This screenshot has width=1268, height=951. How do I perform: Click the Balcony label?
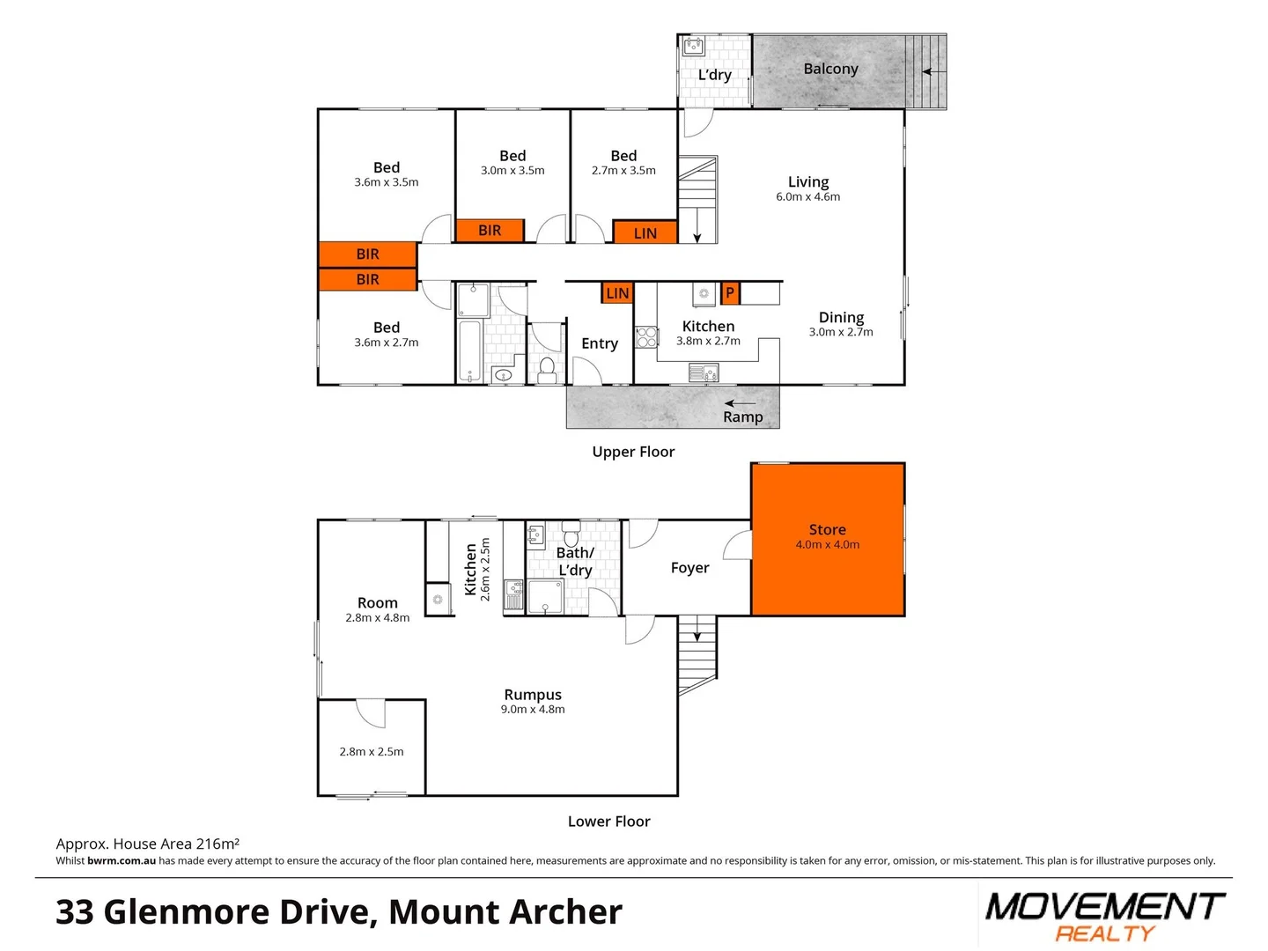point(830,69)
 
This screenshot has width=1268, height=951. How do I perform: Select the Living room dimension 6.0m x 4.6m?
point(807,197)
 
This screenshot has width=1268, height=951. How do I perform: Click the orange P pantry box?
point(729,292)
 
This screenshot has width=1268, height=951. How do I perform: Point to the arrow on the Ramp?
point(740,403)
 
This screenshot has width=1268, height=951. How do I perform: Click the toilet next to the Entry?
point(547,367)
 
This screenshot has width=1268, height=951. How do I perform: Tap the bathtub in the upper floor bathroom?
point(469,350)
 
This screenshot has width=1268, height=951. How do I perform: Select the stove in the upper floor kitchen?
point(647,337)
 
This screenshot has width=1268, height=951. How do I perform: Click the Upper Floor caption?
point(633,452)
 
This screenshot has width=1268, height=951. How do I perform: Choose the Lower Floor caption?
point(608,822)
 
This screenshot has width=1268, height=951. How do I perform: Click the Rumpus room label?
point(533,695)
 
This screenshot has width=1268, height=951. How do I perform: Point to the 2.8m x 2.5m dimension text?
point(372,752)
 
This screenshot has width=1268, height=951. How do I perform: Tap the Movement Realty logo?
point(1104,916)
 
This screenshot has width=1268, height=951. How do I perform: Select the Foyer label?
point(689,568)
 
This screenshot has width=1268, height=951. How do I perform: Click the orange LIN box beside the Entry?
point(617,293)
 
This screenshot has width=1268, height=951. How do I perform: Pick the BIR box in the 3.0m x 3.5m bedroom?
point(490,231)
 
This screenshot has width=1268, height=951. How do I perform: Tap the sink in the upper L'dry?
point(694,46)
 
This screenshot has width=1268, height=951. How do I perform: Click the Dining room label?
point(841,317)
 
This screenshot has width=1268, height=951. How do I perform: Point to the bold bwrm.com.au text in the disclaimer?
point(122,861)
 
